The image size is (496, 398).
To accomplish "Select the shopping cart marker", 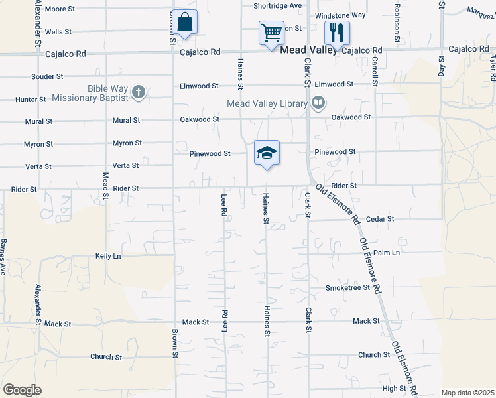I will coord(271,32).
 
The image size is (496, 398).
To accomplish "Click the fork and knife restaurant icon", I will coord(336,32).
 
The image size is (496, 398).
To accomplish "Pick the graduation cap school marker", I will coord(267,153).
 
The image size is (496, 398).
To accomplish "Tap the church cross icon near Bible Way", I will coord(138,92).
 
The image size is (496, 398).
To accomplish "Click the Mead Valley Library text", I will coord(267,103).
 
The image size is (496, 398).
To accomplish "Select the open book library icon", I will coord(318,103).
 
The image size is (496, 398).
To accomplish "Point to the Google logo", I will coord(22,390).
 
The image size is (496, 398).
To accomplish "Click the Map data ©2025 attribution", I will coord(467,393).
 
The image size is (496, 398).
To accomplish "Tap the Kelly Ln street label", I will coord(108,255).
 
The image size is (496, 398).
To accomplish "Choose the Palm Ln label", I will coord(387,253).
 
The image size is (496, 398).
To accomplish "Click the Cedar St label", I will coord(380,218).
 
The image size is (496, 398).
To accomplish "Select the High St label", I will coord(394,389).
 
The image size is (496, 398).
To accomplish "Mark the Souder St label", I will coord(47,77).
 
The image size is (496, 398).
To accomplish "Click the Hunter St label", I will coord(31,99).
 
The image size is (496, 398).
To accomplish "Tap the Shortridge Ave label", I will coord(277,5).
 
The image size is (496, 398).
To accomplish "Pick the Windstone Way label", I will coord(340,15).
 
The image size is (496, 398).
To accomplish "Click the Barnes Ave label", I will coord(3,257).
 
